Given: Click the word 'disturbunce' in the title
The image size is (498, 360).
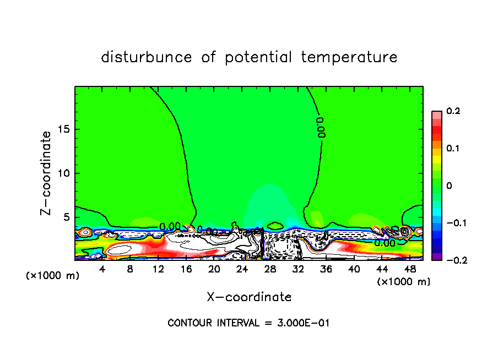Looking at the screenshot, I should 147,57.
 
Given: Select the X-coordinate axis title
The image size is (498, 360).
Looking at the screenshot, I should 249,297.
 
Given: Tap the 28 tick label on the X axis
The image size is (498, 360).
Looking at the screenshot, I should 270,269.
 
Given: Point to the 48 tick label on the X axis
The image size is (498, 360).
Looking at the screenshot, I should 409,269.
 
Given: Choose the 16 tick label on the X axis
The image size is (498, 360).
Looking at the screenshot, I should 186,269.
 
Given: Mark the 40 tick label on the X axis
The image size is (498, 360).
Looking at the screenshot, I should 354,269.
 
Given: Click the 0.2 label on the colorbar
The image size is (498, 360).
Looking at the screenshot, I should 453,111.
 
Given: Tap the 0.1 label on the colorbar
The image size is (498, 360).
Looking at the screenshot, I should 453,149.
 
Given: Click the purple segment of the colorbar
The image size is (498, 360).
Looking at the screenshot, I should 436,257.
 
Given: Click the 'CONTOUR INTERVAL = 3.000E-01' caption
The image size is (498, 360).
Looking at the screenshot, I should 248,323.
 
